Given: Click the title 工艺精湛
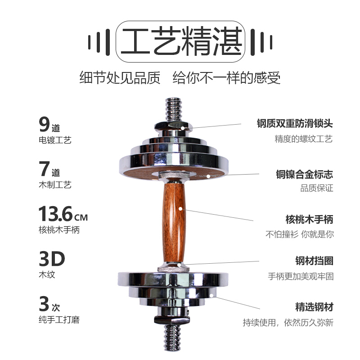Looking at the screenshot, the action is (x=181, y=41).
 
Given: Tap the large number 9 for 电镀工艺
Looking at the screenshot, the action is (x=44, y=124).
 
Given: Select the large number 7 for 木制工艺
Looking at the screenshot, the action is (x=44, y=168).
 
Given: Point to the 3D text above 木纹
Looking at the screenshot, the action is (x=52, y=259).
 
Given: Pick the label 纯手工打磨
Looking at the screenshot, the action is (x=59, y=319).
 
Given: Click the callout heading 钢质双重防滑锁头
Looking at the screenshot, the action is (x=295, y=123).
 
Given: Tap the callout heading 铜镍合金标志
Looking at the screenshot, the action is (x=305, y=174).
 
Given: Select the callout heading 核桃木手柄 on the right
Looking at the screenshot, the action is (x=309, y=219).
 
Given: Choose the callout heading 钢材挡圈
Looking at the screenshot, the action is (x=314, y=261).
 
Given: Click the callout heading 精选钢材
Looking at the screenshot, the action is (x=314, y=307).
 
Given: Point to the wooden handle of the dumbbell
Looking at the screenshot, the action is (x=174, y=222).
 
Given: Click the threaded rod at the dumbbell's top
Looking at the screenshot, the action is (x=174, y=110).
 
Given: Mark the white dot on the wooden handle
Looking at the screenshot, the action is (x=180, y=209).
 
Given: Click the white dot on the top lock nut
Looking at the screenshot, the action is (x=183, y=128).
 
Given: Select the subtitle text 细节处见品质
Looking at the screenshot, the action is (x=120, y=77).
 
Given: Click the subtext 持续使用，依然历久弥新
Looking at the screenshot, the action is (x=288, y=322).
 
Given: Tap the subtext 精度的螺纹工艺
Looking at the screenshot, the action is (x=303, y=139).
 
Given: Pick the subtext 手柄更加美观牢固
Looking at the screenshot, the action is (x=301, y=276).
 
